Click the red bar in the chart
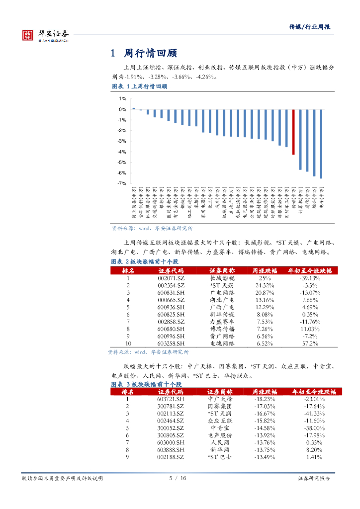click(x=293, y=132)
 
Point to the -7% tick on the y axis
click(x=121, y=183)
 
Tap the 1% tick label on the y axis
click(x=122, y=98)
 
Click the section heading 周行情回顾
click(x=150, y=53)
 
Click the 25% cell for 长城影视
click(x=265, y=278)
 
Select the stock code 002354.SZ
click(x=171, y=286)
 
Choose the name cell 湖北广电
click(x=222, y=300)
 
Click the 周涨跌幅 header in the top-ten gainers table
click(x=265, y=270)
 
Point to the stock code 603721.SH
click(x=171, y=399)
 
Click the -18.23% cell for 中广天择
click(x=265, y=399)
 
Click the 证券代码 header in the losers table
click(x=171, y=392)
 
